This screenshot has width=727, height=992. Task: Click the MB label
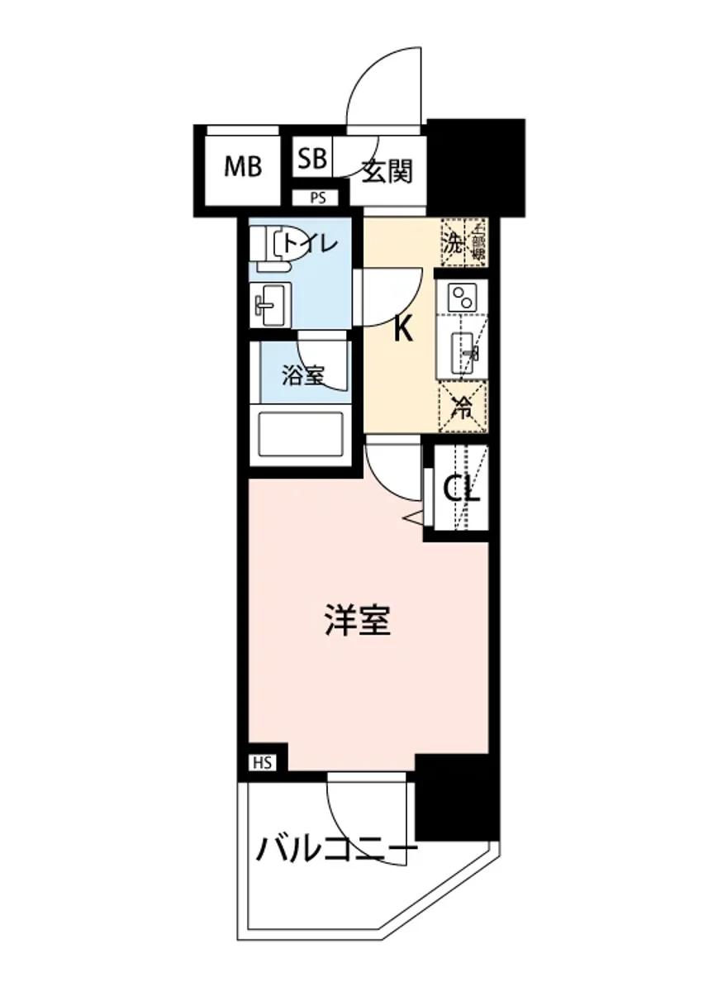[244, 168]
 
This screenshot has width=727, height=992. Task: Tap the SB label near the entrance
[312, 158]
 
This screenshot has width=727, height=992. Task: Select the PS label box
[318, 198]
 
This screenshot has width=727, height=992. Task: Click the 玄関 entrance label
[387, 172]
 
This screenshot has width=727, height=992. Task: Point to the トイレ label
[309, 244]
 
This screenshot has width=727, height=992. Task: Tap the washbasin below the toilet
[270, 305]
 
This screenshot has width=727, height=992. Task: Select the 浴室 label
[302, 376]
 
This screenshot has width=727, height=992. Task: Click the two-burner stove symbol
[462, 297]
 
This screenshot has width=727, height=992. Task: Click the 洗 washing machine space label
[454, 244]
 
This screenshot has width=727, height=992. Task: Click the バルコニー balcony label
[336, 848]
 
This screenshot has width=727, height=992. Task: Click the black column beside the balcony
[457, 796]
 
